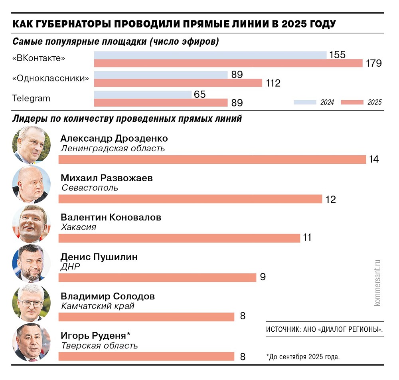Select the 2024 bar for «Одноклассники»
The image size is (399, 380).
160,75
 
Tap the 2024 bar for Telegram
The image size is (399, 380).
143,95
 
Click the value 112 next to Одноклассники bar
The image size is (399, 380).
272,83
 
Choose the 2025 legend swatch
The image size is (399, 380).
352,103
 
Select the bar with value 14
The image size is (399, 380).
212,160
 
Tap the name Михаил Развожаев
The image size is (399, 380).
107,178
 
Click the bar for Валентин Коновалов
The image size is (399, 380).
179,238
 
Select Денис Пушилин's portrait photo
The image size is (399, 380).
32,263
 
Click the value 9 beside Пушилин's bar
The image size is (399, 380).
263,277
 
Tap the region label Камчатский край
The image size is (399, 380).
98,306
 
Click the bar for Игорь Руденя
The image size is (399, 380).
146,356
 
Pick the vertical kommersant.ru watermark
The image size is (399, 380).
377,281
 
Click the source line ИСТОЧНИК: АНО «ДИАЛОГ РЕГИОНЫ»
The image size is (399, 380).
324,330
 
